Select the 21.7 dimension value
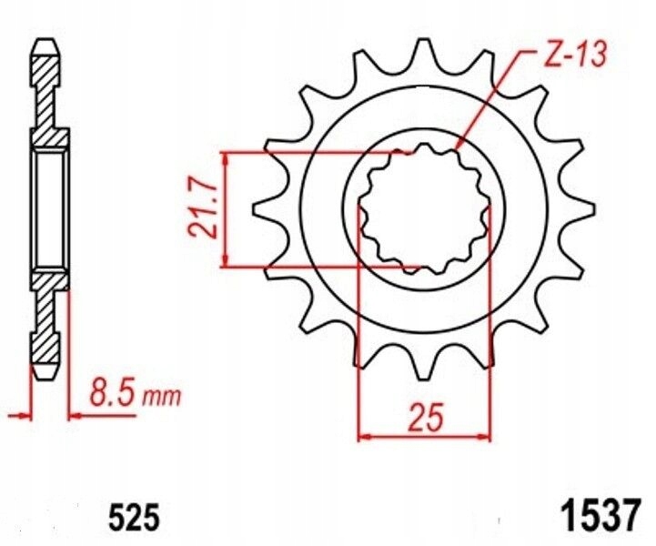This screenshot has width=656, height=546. (x=204, y=209)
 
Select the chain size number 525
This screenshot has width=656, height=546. (x=135, y=518)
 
